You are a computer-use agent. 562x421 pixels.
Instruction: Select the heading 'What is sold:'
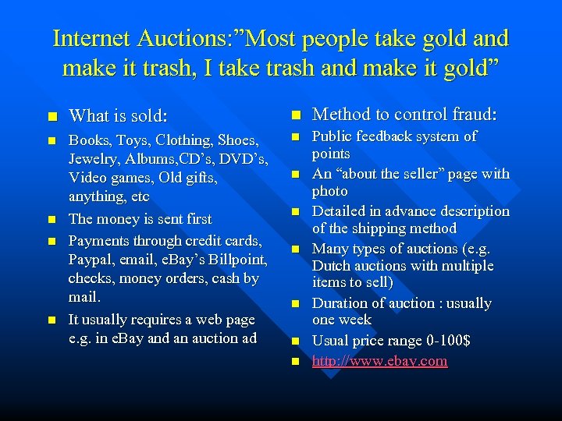click(118, 116)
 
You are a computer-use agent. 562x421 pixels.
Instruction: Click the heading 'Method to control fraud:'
click(404, 115)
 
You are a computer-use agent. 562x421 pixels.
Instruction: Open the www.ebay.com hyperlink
click(379, 361)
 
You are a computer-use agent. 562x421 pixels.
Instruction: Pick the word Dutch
click(333, 266)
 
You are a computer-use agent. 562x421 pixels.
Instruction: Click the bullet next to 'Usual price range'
click(296, 341)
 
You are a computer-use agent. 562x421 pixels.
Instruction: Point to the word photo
click(329, 191)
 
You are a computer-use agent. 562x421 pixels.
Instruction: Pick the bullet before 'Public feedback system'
click(296, 137)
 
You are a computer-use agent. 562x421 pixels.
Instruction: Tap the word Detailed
click(340, 211)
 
